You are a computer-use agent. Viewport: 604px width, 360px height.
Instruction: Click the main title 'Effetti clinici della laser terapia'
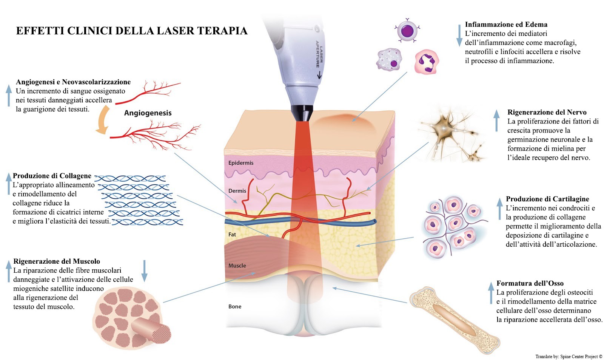tap(131, 31)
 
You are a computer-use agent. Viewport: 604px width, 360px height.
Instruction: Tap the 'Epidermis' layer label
tap(241, 163)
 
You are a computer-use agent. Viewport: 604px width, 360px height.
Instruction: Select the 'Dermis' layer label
tap(237, 191)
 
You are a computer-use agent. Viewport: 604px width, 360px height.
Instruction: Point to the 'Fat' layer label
tap(232, 234)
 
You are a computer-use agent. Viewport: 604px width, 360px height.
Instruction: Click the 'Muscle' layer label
tap(237, 266)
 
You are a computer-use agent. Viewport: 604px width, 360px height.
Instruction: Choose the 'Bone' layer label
tap(235, 306)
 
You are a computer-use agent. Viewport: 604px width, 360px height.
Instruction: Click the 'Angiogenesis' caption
tap(148, 113)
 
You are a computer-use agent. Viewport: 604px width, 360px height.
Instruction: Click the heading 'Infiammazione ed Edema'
tap(506, 25)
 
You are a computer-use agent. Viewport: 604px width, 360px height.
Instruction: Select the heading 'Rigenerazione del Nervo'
tap(547, 112)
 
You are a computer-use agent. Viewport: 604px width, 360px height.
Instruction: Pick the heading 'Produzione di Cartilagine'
tap(547, 199)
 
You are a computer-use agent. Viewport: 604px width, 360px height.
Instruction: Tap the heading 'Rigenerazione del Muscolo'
tap(57, 261)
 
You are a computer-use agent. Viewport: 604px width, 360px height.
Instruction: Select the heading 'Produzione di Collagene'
tap(52, 176)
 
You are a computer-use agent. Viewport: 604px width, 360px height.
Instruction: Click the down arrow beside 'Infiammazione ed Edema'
tap(459, 36)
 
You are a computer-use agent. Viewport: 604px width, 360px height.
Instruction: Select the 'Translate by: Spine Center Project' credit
tap(569, 356)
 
